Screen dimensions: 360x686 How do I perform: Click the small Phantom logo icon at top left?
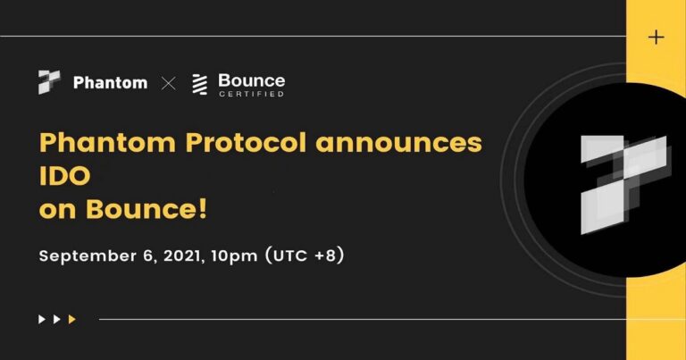click(49, 82)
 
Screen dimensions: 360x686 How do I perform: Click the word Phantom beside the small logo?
click(110, 83)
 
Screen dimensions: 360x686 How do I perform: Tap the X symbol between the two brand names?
click(168, 83)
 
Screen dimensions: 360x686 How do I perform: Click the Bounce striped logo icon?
click(200, 84)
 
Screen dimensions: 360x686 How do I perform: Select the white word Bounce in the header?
click(251, 80)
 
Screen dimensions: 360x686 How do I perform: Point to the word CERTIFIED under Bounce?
click(251, 94)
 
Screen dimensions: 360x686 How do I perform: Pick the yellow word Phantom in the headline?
click(97, 144)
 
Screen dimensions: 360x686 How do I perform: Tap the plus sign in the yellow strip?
click(657, 37)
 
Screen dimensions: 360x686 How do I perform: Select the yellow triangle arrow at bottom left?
click(72, 319)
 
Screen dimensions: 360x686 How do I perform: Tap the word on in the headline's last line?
click(59, 212)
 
